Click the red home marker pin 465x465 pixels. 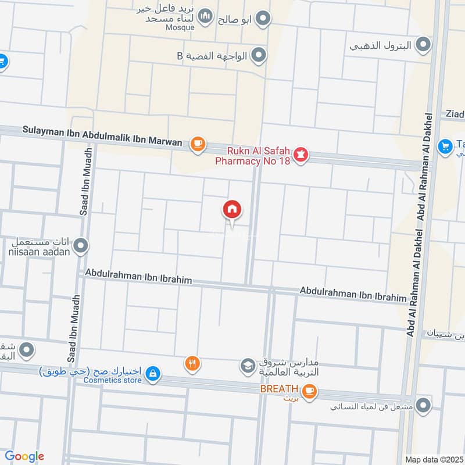pos(233,209)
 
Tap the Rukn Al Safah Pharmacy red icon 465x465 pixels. pos(301,155)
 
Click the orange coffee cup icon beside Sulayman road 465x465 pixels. pos(198,143)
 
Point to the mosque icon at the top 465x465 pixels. pos(205,17)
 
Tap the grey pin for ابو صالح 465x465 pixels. pos(264,19)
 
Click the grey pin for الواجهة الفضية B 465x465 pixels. pos(259,56)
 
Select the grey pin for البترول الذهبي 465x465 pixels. pos(424,45)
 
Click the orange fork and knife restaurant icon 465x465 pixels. pos(193,364)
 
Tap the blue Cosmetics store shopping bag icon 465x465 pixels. pos(152,374)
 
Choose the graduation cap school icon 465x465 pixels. pos(246,366)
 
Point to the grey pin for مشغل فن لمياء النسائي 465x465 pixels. pos(425,406)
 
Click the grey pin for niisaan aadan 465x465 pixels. pos(81,246)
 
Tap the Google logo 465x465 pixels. pos(24,456)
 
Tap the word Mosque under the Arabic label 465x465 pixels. pos(180,27)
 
